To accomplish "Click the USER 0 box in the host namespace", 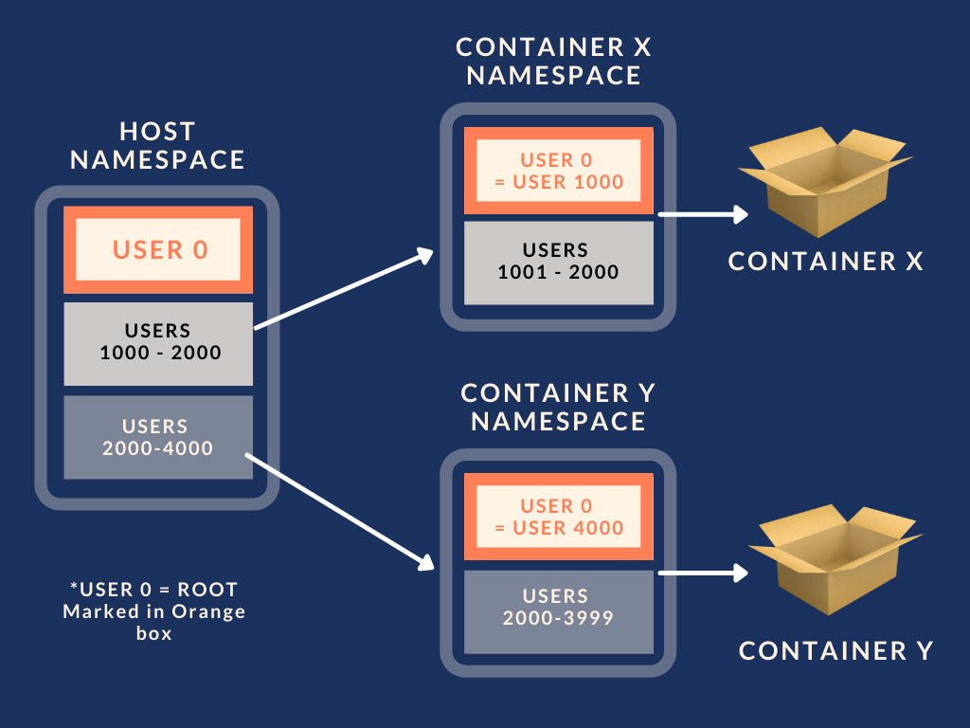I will tap(158, 249).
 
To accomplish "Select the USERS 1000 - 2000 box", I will tap(158, 342).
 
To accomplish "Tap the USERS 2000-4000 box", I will tap(158, 436).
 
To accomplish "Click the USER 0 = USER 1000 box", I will tap(559, 171).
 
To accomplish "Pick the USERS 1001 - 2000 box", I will tap(559, 262).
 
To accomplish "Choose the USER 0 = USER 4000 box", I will tap(559, 517).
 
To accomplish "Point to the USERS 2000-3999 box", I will tap(559, 608).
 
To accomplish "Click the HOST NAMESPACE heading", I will tap(157, 145).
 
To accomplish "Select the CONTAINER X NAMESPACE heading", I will tap(554, 61).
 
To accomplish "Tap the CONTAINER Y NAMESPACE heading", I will tap(558, 407).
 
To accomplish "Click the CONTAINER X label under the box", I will tap(825, 262).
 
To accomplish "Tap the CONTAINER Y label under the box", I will tap(835, 650).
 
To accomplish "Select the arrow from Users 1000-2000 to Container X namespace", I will tap(343, 290).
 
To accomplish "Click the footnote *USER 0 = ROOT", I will tap(153, 589).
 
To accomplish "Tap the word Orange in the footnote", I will tap(208, 611).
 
